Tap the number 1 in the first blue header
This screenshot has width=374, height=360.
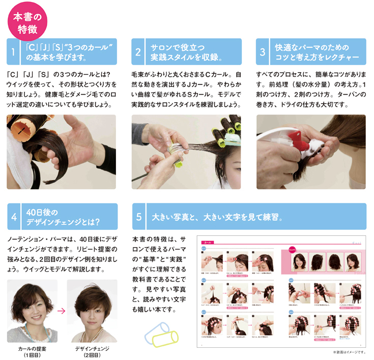[14, 52]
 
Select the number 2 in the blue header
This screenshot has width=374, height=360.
[138, 52]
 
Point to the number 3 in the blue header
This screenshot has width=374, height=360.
[263, 52]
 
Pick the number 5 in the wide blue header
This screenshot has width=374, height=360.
[138, 217]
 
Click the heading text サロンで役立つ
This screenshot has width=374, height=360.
[175, 47]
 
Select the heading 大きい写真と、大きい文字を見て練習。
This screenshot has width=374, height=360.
[216, 217]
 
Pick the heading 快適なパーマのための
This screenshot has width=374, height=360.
[305, 47]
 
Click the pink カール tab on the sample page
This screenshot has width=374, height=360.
[209, 243]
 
